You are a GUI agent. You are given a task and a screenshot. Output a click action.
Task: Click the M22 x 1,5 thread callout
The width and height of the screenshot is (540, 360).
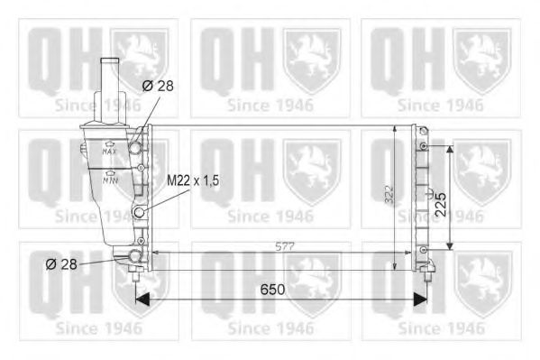coord(193,180)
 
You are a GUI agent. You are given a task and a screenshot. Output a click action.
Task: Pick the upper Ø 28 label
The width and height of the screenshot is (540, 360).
coord(159,86)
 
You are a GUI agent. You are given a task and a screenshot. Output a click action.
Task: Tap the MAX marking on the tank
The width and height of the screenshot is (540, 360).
coord(109,152)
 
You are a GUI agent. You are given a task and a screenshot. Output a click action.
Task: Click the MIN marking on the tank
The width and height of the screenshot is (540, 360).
coord(109,180)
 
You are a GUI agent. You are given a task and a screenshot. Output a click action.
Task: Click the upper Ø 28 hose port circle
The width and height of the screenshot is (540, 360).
coord(136,146)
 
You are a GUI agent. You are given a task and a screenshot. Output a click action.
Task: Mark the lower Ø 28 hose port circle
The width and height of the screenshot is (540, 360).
coord(136,257)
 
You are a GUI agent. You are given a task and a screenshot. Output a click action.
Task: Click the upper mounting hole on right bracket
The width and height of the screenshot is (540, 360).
coord(422,145)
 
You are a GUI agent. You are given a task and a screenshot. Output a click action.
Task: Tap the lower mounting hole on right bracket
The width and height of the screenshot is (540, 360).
coord(422,249)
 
